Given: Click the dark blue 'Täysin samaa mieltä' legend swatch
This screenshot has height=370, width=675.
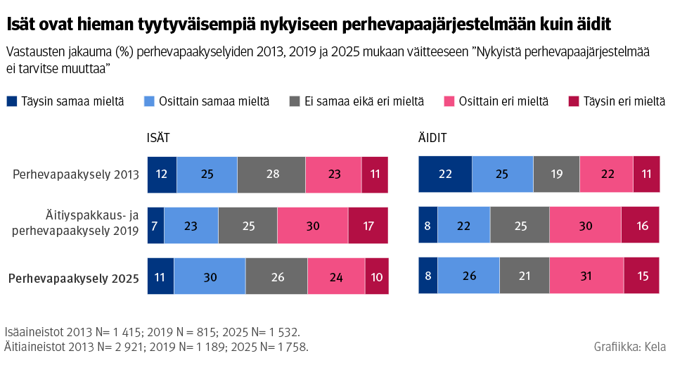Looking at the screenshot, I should [11, 101].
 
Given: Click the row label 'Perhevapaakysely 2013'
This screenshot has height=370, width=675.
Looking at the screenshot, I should [75, 175].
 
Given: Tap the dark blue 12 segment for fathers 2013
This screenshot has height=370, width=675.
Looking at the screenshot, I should [162, 175].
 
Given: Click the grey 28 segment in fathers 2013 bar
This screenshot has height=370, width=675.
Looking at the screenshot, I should [271, 175].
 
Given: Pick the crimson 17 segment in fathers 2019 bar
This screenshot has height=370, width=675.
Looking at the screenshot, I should [368, 225].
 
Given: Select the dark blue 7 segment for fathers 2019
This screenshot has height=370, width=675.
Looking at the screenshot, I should [155, 225].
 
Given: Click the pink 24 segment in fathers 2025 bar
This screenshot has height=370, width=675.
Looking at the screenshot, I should [336, 276].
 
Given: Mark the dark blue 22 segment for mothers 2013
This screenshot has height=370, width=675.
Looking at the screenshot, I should [445, 175].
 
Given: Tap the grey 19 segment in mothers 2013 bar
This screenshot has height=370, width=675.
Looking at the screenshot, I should [556, 175].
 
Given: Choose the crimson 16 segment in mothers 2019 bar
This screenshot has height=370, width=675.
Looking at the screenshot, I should [640, 225].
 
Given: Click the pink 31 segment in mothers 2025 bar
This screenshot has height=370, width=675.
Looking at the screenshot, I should [586, 276].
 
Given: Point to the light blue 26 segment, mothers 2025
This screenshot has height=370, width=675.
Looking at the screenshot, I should [468, 276].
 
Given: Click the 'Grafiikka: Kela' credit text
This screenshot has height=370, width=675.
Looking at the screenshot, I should [629, 347].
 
